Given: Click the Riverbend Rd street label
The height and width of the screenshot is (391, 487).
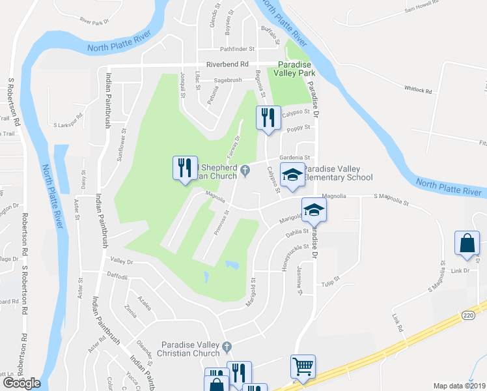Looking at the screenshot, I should (x=228, y=65).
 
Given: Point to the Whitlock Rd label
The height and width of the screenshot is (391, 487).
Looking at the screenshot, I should (x=418, y=90).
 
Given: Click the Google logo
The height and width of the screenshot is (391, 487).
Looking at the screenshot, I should (x=21, y=383).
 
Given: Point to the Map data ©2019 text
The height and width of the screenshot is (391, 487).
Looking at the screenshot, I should (x=459, y=386).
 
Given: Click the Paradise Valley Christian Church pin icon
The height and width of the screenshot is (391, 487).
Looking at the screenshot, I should (x=227, y=346).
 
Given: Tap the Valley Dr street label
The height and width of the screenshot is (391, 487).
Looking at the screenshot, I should (x=122, y=261).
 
